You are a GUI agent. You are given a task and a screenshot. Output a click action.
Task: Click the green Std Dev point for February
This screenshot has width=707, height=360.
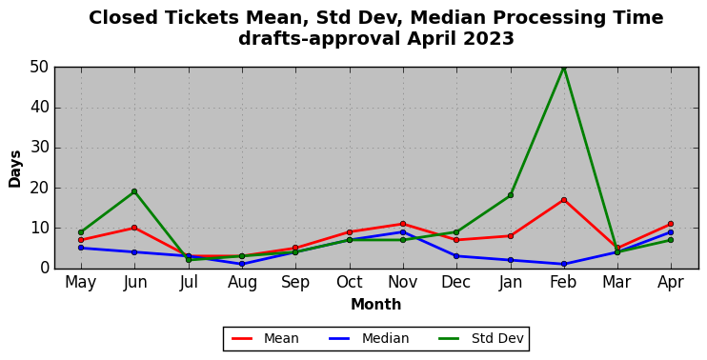click(564, 68)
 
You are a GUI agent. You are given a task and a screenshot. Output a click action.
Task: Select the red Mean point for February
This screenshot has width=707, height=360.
click(564, 200)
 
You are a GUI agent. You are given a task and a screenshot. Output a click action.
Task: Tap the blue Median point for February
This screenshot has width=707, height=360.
click(564, 264)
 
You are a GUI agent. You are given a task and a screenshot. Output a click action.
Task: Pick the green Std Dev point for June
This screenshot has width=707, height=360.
click(134, 191)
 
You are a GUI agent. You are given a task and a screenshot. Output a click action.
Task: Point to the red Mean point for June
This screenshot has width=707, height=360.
click(134, 228)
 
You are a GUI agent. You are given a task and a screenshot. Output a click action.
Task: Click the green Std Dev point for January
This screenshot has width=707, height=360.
click(511, 195)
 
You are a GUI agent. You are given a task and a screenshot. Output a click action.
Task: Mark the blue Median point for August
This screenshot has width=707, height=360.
click(242, 264)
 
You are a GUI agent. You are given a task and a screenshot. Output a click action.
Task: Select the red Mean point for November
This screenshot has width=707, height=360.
click(403, 224)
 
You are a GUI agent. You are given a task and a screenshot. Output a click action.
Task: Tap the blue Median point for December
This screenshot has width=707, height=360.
click(456, 256)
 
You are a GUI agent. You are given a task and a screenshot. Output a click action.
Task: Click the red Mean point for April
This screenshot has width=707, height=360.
click(671, 224)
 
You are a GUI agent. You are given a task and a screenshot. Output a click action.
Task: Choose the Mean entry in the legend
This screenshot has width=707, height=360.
click(265, 338)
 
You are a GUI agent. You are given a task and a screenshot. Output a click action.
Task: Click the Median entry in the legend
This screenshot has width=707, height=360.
click(369, 338)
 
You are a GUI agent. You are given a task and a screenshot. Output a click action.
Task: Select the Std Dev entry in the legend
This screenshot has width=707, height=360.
click(481, 338)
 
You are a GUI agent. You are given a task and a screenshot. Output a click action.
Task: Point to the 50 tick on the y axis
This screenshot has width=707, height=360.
click(39, 68)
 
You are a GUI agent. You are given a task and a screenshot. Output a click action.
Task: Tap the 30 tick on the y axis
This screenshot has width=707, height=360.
click(39, 148)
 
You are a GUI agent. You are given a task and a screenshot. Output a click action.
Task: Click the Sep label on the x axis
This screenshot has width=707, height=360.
click(295, 283)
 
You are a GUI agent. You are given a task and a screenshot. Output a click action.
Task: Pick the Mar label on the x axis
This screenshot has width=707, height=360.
click(616, 282)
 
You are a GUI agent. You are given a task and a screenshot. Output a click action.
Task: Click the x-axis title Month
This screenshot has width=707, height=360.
click(376, 305)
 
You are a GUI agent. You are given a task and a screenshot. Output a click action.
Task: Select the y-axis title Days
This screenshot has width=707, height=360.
click(15, 169)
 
